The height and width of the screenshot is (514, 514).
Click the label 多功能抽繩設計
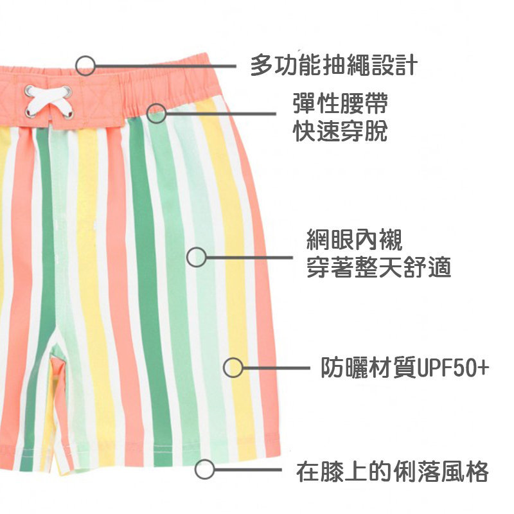pyautogui.click(x=334, y=66)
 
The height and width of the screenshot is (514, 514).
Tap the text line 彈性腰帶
pyautogui.click(x=341, y=103)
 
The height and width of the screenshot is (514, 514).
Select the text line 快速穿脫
pyautogui.click(x=341, y=131)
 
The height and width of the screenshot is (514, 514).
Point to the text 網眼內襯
pyautogui.click(x=355, y=240)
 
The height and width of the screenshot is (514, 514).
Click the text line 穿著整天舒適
pyautogui.click(x=379, y=267)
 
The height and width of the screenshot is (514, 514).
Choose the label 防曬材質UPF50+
pyautogui.click(x=405, y=368)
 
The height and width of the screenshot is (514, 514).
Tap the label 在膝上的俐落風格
pyautogui.click(x=393, y=472)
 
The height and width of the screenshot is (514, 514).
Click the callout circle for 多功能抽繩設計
pyautogui.click(x=85, y=66)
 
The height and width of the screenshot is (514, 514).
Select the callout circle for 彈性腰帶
pyautogui.click(x=157, y=114)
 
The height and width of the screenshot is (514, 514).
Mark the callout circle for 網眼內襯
pyautogui.click(x=197, y=257)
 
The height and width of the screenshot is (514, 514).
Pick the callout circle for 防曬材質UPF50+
pyautogui.click(x=233, y=368)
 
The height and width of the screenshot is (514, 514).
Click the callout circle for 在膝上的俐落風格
pyautogui.click(x=204, y=470)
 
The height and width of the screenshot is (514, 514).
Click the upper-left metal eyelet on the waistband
pyautogui.click(x=29, y=90)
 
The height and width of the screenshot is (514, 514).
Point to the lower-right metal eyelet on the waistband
pyautogui.click(x=69, y=113)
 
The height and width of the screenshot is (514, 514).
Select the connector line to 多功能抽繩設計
pyautogui.click(x=166, y=66)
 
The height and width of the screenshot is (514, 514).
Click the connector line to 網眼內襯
pyautogui.click(x=249, y=258)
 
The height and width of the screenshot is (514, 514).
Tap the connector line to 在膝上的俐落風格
pyautogui.click(x=248, y=470)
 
